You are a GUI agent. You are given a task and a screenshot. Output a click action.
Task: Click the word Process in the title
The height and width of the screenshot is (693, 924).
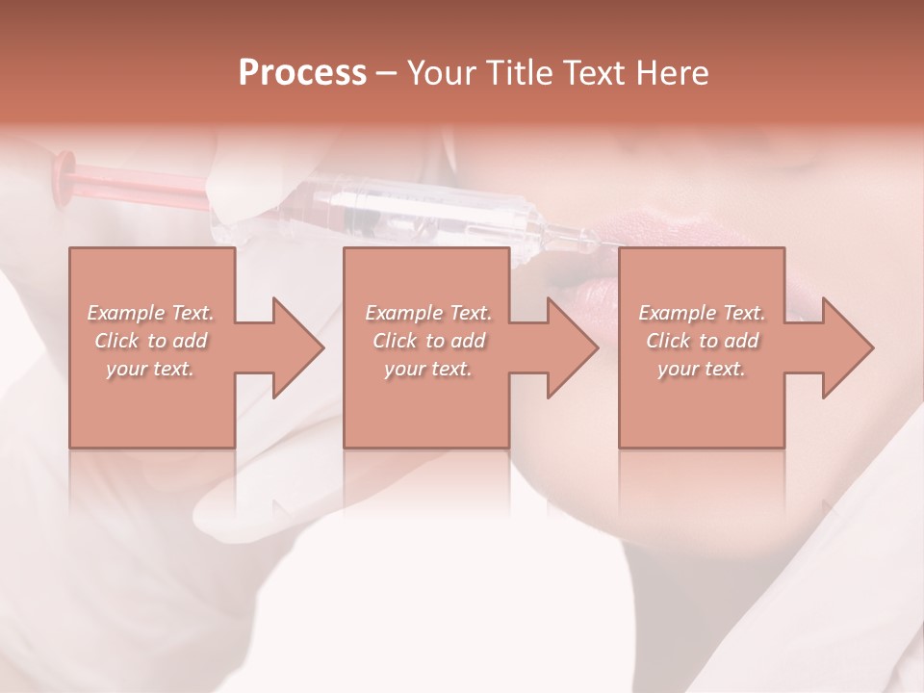pos(302,73)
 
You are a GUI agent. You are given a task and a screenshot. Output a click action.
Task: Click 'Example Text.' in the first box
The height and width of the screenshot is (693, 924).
pos(151,313)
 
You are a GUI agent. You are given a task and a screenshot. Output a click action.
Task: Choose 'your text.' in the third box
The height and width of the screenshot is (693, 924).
pos(702,369)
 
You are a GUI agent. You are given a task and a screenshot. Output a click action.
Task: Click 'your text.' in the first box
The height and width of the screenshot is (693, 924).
pos(151,369)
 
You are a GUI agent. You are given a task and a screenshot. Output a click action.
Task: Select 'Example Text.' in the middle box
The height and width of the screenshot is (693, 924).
pos(429,313)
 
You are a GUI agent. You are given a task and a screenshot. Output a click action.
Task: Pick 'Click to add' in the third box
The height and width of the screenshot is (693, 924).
pos(702,341)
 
